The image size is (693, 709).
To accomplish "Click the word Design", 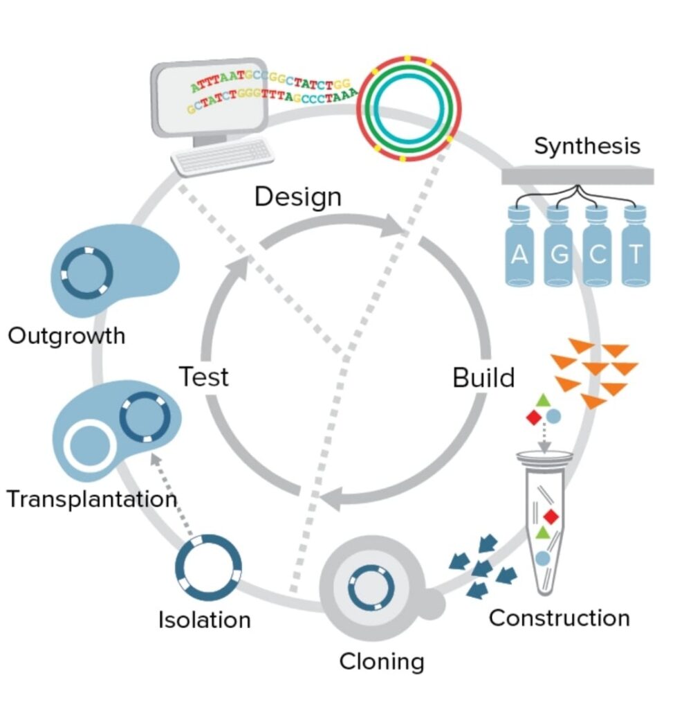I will point(297,197).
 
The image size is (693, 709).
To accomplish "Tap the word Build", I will point(483,378).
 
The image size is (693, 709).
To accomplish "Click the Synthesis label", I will point(586,147).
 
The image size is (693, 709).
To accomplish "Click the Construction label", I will point(559,618).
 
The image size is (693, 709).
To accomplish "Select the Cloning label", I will point(381,662).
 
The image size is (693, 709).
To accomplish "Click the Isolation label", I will point(204,619).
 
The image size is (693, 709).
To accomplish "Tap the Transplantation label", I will point(91,499).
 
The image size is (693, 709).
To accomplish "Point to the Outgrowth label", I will point(66,336).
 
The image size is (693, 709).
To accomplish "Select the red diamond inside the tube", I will point(551,517).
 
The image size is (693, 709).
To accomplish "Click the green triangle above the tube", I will point(544,400).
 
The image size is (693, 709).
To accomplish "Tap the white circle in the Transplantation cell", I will point(89,445).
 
